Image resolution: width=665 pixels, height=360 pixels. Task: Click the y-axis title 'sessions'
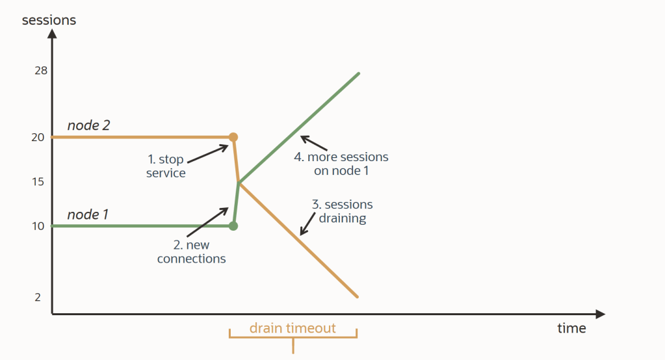point(49,20)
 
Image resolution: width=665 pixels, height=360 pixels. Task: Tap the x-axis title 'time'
point(571,328)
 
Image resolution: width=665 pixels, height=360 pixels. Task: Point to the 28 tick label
point(41,71)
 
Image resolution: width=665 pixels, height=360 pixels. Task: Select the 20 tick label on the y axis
point(38,137)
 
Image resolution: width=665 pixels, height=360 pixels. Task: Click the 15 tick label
point(38,182)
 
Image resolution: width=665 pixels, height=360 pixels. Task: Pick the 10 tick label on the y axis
point(38,226)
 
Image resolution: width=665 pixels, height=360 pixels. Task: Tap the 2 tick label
point(38,297)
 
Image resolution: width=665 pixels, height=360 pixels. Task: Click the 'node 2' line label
point(88,125)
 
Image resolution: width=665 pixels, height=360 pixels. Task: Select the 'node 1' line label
point(88,214)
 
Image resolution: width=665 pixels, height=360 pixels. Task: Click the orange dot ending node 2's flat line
point(233,137)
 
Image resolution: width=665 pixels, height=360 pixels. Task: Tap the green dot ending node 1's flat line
point(233,226)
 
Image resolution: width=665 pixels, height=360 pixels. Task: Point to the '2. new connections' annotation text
point(191,252)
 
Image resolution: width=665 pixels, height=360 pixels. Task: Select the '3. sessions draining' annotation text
point(342,212)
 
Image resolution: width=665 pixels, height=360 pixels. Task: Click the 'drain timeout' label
point(293,328)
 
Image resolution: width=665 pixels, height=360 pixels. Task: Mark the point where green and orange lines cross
point(239,183)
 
